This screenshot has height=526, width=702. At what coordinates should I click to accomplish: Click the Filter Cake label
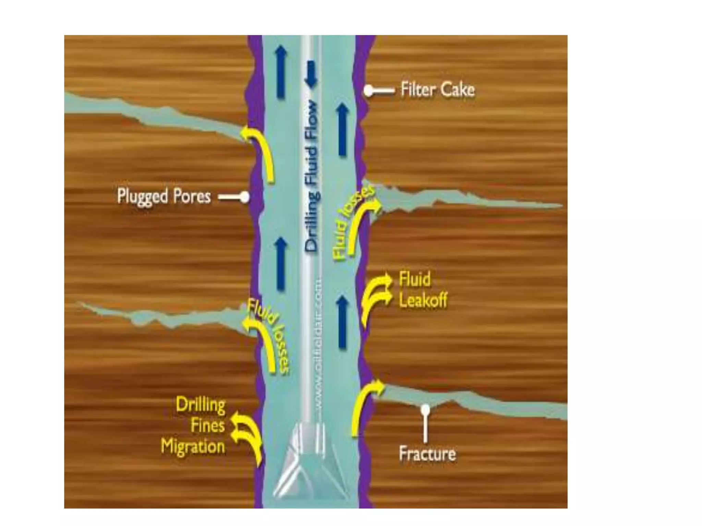tap(438, 90)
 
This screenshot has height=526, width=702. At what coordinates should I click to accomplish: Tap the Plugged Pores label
tap(164, 197)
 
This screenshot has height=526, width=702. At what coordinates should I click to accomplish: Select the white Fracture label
tap(427, 454)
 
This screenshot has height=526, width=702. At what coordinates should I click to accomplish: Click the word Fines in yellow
tap(208, 426)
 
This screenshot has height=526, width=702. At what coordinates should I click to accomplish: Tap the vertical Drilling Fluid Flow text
tap(312, 176)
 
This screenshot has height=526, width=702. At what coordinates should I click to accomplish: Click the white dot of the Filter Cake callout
tap(368, 91)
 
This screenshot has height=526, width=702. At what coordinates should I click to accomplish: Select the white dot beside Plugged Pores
tap(245, 197)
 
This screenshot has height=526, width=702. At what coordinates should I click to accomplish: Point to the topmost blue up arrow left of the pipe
tap(281, 72)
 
